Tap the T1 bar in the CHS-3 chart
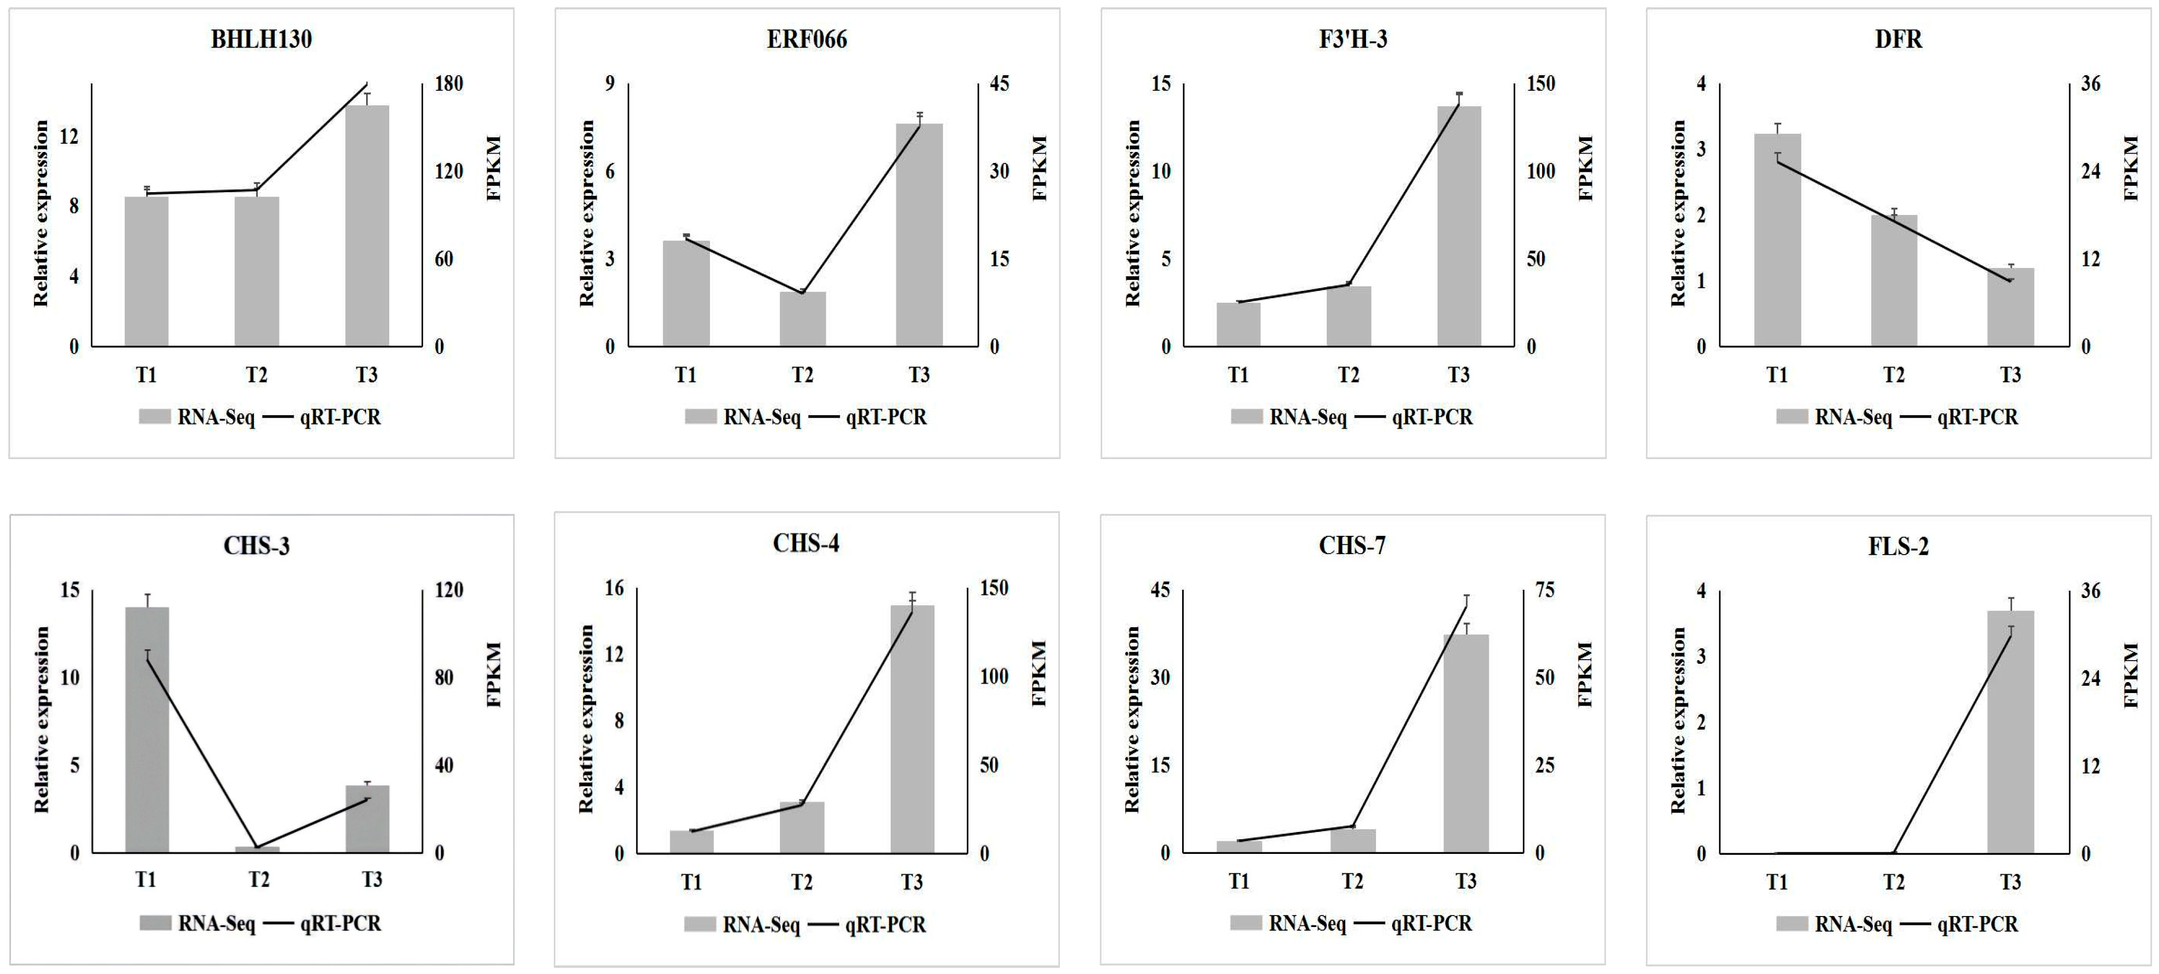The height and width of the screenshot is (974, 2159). pyautogui.click(x=147, y=729)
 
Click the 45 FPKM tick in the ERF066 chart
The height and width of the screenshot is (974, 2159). pyautogui.click(x=999, y=84)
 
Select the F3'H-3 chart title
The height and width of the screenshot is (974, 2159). pyautogui.click(x=1353, y=39)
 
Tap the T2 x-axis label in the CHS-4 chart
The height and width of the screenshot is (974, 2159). pyautogui.click(x=801, y=882)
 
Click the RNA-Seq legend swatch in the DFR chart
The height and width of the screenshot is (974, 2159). pyautogui.click(x=1791, y=417)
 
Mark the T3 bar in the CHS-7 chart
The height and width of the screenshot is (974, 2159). pyautogui.click(x=1465, y=744)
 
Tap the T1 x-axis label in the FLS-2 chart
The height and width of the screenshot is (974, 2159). pyautogui.click(x=1777, y=882)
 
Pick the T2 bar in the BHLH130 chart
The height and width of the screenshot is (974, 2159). pyautogui.click(x=256, y=271)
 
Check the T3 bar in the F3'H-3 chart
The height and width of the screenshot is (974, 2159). pyautogui.click(x=1458, y=226)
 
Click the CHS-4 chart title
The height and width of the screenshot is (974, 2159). pyautogui.click(x=806, y=544)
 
